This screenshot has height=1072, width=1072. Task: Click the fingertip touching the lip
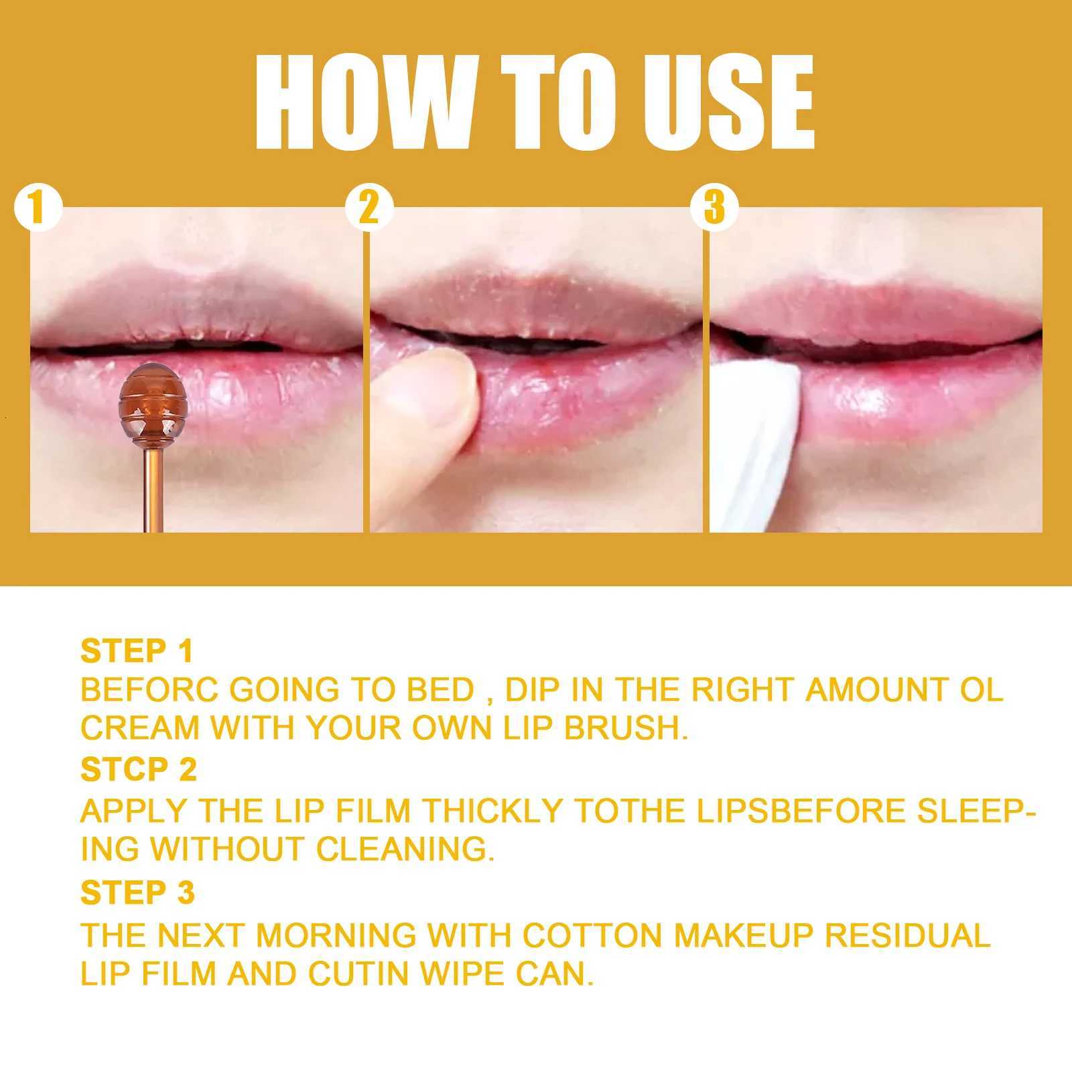pyautogui.click(x=435, y=395)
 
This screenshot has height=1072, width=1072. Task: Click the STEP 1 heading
pyautogui.click(x=137, y=651)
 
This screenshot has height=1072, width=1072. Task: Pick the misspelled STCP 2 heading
pyautogui.click(x=138, y=770)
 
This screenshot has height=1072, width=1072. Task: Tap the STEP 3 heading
pyautogui.click(x=137, y=892)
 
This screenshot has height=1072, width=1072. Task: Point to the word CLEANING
pyautogui.click(x=405, y=850)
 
